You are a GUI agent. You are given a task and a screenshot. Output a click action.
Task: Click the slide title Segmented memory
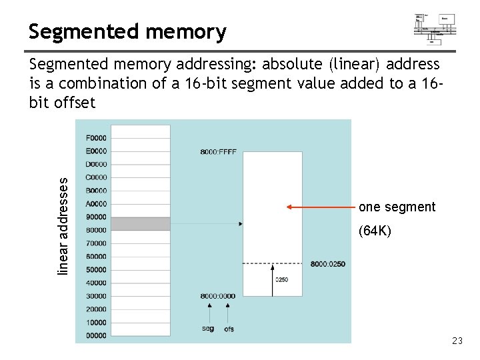[127, 31]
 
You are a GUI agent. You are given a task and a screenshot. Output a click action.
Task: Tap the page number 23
[457, 341]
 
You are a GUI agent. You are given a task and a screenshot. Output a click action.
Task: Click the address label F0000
[96, 138]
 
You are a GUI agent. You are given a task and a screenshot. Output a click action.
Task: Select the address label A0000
[96, 204]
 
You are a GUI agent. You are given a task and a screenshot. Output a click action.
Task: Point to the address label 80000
[96, 230]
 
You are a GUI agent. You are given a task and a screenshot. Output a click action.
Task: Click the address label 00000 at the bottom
[96, 335]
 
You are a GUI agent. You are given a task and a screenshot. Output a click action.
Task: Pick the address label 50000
[96, 270]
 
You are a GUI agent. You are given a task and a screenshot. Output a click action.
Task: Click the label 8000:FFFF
[218, 152]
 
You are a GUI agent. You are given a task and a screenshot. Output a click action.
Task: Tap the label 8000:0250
[328, 264]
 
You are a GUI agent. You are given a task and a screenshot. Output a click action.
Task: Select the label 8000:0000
[218, 296]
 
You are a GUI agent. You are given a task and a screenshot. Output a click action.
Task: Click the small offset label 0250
[281, 279]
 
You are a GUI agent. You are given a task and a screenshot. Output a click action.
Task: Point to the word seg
[208, 329]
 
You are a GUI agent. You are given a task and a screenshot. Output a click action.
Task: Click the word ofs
[229, 329]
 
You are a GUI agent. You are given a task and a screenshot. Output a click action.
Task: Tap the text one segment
[397, 207]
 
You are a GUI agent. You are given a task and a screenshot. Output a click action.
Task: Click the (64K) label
[375, 231]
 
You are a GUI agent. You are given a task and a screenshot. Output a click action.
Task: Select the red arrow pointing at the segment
[320, 207]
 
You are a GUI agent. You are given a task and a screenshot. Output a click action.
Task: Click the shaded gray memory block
[140, 223]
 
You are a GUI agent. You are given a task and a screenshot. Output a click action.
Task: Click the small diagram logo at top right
[434, 29]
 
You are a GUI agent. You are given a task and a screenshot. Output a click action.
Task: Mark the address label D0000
[96, 165]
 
